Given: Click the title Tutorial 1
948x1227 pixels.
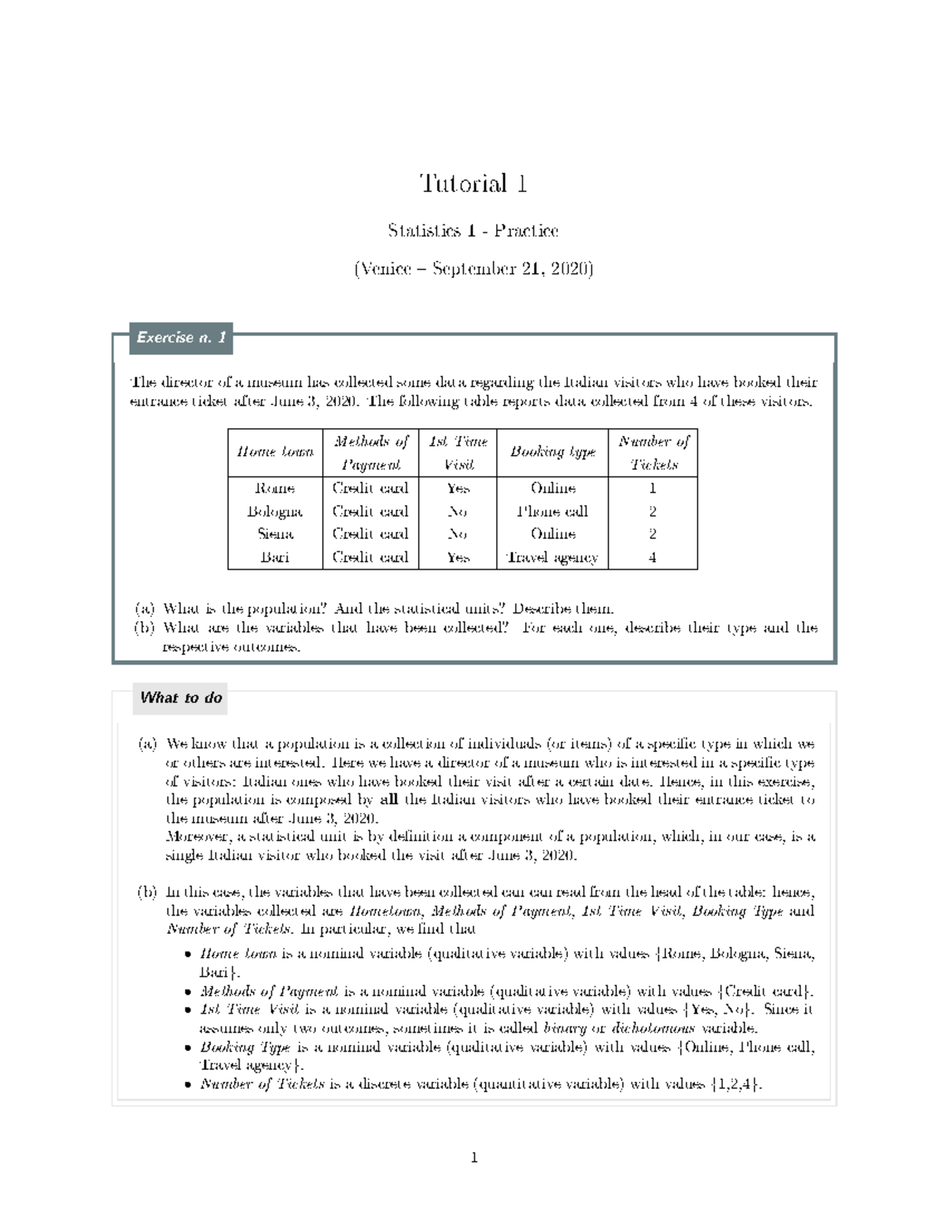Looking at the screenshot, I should pyautogui.click(x=473, y=184).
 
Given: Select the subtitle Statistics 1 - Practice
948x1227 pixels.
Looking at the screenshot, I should pyautogui.click(x=473, y=231).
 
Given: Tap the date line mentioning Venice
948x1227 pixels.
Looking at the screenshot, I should pyautogui.click(x=473, y=269).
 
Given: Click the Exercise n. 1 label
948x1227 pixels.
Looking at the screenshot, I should pyautogui.click(x=181, y=337).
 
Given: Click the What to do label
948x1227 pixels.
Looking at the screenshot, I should pyautogui.click(x=181, y=698).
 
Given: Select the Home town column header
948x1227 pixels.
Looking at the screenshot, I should pyautogui.click(x=275, y=452).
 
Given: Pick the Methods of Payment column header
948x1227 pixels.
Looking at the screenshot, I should pyautogui.click(x=370, y=453).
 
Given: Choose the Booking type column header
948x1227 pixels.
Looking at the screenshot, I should pyautogui.click(x=552, y=452).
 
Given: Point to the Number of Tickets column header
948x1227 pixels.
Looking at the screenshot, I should pyautogui.click(x=653, y=453).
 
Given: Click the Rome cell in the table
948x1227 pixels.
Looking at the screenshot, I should pyautogui.click(x=275, y=488).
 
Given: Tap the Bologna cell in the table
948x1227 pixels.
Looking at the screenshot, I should pyautogui.click(x=275, y=511).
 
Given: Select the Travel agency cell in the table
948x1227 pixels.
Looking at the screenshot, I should pyautogui.click(x=552, y=557).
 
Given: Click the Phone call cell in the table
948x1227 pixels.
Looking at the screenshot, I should pyautogui.click(x=552, y=511).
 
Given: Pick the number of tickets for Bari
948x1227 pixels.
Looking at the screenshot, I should pyautogui.click(x=653, y=557).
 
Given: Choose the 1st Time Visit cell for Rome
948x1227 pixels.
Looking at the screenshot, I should pyautogui.click(x=457, y=488).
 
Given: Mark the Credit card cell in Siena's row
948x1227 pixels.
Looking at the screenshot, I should pyautogui.click(x=370, y=534).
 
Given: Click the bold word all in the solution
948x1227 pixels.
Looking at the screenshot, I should pyautogui.click(x=389, y=799).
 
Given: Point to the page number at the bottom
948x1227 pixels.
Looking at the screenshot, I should pyautogui.click(x=474, y=1159).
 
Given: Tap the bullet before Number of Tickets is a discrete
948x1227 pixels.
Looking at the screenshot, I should pyautogui.click(x=187, y=1086).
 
